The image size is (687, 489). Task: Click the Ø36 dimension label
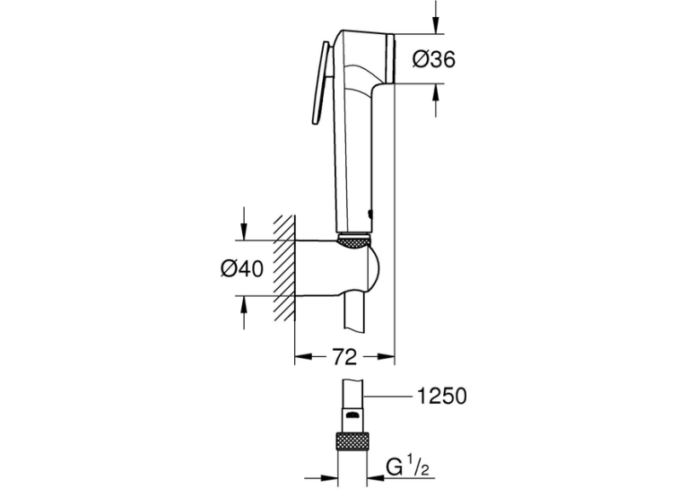(434, 59)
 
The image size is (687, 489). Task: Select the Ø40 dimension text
(242, 268)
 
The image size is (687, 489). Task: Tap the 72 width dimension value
(344, 357)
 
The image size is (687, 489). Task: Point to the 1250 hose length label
(441, 396)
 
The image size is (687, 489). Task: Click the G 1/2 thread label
(408, 468)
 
